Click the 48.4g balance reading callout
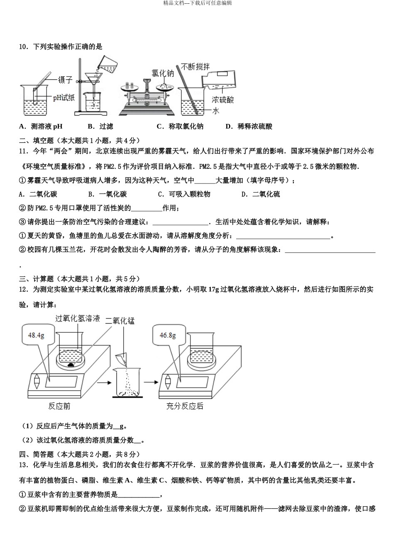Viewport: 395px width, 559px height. pos(37,335)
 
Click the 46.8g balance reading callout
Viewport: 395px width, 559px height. pos(168,335)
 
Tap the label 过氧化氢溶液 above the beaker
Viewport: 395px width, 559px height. pos(78,318)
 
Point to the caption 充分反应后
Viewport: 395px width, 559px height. pos(185,406)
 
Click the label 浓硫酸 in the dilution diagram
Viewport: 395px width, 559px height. pos(222,100)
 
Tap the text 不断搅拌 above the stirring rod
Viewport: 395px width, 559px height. pos(195,67)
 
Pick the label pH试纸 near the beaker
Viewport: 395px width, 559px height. pos(64,97)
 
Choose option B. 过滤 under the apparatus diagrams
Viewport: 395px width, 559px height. pos(101,126)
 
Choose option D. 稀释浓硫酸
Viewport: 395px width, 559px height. pos(249,126)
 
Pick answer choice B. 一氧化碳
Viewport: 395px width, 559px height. pos(108,194)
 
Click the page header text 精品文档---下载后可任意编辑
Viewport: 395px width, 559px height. pos(197,3)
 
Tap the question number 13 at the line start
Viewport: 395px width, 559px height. pos(23,465)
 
